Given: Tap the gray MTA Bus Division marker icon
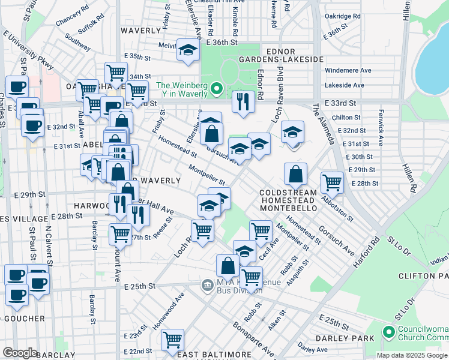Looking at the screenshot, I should (207, 284).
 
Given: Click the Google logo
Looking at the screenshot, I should (20, 353).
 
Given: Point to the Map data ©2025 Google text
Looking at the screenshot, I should (412, 355).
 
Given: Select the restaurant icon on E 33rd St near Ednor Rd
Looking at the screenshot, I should (243, 102).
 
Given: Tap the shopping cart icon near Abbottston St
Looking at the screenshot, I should (332, 182).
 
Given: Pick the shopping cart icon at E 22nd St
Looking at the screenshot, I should (172, 340).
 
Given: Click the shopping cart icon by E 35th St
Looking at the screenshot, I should (116, 73).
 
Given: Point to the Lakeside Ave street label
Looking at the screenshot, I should (345, 85).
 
